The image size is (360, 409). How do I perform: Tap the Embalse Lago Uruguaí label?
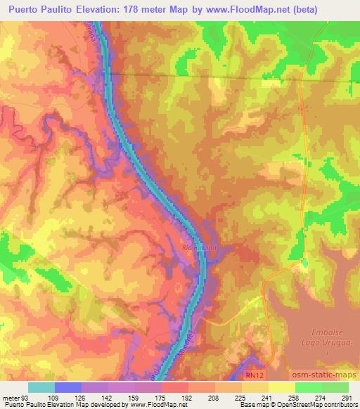point(330,338)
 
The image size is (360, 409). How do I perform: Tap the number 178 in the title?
point(139,10)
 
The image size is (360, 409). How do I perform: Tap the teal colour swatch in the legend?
point(41,387)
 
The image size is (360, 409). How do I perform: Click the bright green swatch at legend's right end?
point(336,387)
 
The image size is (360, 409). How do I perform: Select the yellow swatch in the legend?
point(282,387)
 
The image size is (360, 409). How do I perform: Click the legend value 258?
point(294,398)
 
